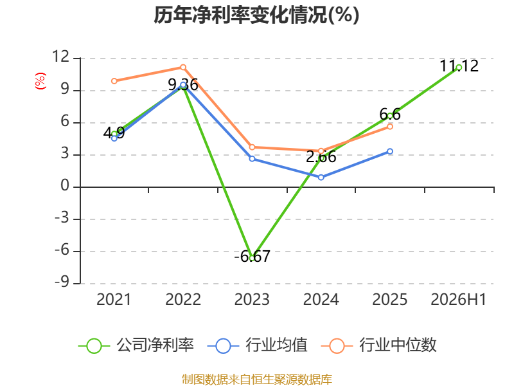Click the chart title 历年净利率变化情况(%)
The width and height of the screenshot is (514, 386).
click(256, 15)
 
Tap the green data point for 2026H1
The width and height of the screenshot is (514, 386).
click(459, 68)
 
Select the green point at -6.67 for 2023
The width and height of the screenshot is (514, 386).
click(252, 258)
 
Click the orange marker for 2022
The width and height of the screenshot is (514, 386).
click(183, 68)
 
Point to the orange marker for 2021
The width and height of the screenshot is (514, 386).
click(114, 81)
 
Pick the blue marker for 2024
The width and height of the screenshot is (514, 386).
click(321, 178)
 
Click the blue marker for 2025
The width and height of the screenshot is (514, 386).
click(390, 151)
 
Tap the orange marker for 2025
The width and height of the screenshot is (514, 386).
click(390, 127)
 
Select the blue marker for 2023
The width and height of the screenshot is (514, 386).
click(252, 159)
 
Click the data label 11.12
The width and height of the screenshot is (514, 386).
click(459, 66)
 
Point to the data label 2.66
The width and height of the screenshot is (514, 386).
click(321, 156)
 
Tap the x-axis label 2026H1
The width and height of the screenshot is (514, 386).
click(458, 299)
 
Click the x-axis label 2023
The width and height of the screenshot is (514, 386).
click(252, 299)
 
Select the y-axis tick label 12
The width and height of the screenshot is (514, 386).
click(61, 57)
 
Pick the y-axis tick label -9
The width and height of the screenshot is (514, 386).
click(62, 282)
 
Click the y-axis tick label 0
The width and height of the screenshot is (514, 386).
click(65, 186)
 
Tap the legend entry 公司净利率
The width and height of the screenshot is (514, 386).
click(136, 345)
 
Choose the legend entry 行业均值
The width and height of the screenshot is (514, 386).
click(258, 345)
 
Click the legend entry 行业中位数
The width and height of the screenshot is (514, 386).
click(378, 345)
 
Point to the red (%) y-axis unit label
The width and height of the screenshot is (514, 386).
click(40, 81)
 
